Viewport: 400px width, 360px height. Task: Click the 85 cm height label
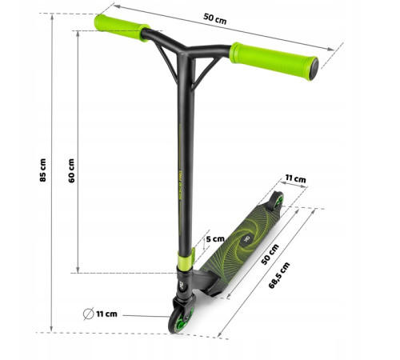(x=42, y=170)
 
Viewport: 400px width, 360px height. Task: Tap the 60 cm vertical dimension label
(x=71, y=170)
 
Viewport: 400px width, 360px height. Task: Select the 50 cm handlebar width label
(x=215, y=18)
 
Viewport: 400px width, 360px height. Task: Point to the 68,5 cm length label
(x=279, y=275)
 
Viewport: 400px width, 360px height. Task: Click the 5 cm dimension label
(x=215, y=239)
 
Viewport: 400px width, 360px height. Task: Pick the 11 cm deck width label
(x=295, y=178)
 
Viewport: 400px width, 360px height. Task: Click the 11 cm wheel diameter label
(x=106, y=314)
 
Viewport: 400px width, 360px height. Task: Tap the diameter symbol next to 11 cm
(x=88, y=314)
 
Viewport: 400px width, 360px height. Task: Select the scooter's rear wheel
(x=278, y=200)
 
